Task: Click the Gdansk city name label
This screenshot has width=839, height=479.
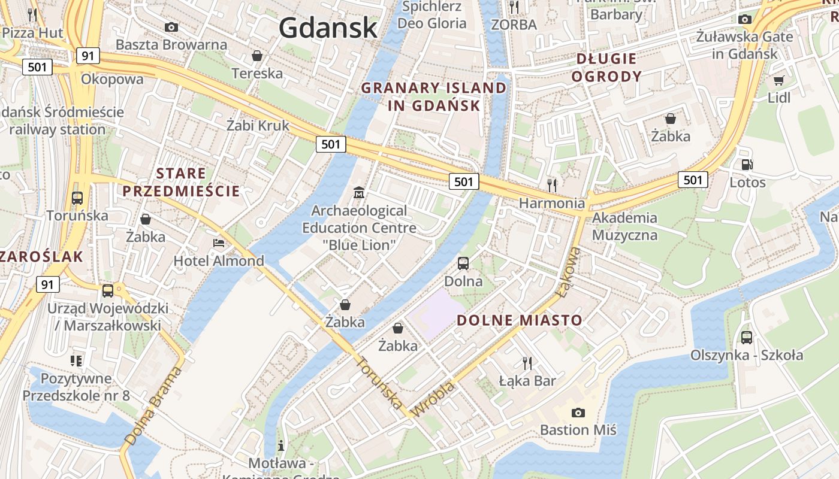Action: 328,28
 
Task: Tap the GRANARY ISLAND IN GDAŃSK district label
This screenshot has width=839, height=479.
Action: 434,97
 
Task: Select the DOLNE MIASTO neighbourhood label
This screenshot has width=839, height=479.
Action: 520,320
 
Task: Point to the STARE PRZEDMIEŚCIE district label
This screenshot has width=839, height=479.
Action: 181,183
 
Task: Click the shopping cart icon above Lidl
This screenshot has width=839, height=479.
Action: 778,80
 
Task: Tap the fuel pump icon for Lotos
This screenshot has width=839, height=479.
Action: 747,165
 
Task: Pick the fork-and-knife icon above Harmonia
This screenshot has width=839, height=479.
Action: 552,185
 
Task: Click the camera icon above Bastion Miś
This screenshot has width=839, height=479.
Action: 578,413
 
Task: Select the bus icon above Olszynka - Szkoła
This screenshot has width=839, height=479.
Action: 746,337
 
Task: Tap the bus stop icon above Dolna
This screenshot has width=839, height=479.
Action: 463,263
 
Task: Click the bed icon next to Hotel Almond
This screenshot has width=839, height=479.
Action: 219,243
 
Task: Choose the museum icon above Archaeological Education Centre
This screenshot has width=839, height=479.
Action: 359,193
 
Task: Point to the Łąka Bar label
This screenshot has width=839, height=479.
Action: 527,381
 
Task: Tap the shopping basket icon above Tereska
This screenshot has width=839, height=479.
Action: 257,56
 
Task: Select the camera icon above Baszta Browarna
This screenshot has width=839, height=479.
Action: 171,27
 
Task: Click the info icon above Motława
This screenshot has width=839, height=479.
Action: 281,445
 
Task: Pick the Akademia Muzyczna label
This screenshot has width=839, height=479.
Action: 624,226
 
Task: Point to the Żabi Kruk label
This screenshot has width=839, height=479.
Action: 258,126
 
